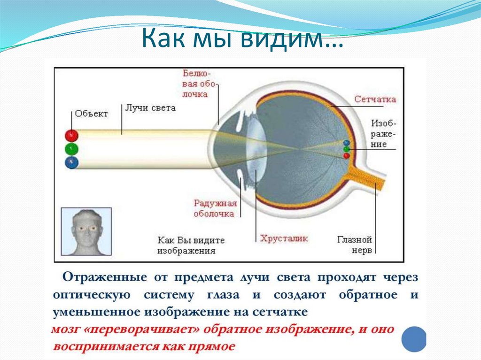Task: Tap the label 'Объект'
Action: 91,114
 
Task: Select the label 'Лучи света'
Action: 150,107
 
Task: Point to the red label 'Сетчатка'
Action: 375,99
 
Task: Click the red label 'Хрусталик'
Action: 284,238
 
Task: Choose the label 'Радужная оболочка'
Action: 214,208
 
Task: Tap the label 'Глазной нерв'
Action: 361,244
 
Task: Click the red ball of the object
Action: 71,136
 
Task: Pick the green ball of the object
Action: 71,149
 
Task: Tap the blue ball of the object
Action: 71,163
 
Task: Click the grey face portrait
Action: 87,232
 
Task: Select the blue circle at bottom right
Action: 414,339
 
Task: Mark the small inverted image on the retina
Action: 347,149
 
